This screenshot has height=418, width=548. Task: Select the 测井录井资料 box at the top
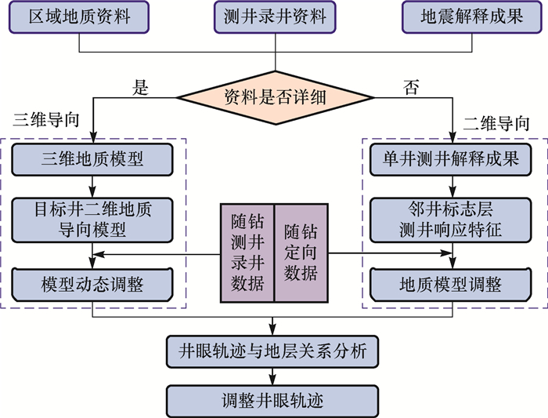point(274,17)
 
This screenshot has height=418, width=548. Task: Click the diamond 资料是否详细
point(273,98)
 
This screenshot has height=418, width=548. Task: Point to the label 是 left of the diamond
point(141,88)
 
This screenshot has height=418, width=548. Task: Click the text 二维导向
point(496,122)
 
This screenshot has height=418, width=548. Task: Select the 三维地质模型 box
point(92,159)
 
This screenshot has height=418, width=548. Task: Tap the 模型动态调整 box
point(92,282)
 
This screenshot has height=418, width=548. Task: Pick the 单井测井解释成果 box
point(453,159)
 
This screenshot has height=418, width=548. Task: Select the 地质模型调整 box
point(453,282)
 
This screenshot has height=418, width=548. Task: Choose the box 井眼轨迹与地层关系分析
point(273,351)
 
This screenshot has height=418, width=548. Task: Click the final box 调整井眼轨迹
point(273,400)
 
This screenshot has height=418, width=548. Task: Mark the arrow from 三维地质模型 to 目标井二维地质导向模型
point(92,186)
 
